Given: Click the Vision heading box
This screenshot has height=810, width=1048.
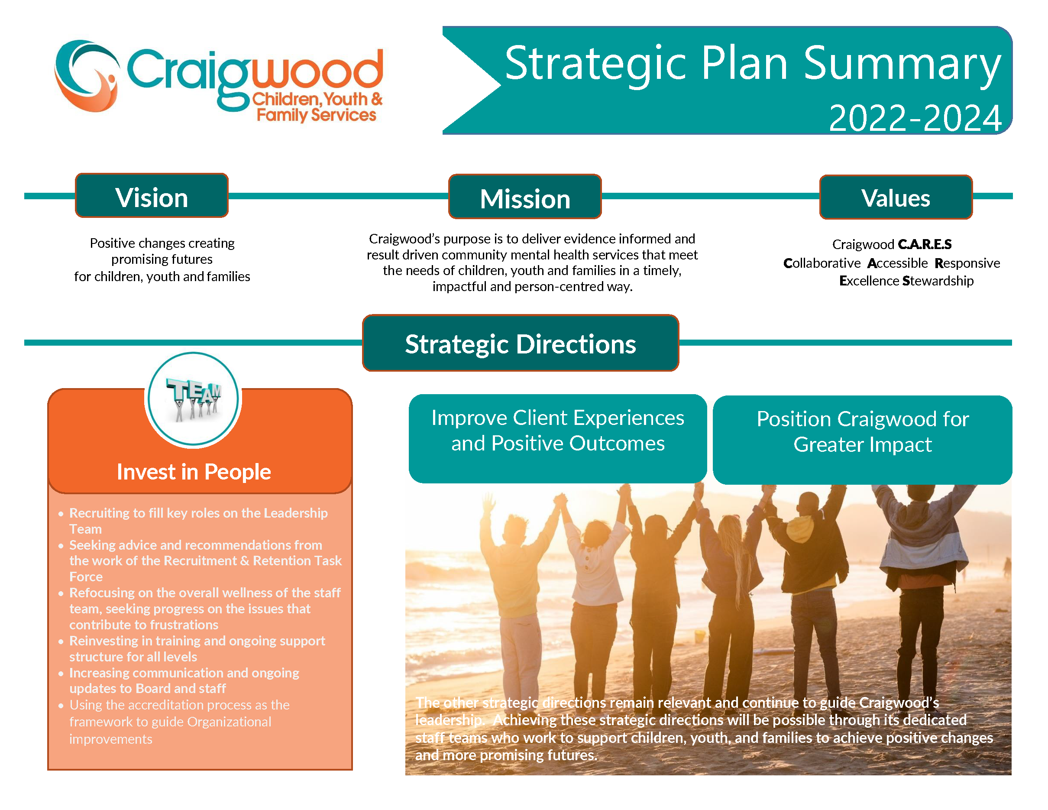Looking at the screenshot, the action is tap(152, 196).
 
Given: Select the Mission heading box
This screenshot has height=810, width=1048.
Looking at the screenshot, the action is tap(525, 197).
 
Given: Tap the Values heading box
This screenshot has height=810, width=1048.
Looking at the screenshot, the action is tap(896, 197).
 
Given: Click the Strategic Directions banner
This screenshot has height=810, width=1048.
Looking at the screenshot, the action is tap(521, 343).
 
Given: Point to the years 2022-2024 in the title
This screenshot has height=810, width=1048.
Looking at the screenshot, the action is tap(915, 118).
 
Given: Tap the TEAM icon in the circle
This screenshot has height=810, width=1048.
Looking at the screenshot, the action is tap(194, 399).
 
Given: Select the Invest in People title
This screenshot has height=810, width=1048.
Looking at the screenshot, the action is tap(194, 472).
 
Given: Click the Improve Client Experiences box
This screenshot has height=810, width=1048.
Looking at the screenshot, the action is tap(558, 439).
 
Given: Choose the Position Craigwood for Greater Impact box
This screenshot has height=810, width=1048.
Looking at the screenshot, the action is tap(862, 440).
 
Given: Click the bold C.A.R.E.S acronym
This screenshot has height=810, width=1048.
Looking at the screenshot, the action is tap(925, 244).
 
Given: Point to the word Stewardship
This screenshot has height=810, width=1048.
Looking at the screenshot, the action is tap(938, 281).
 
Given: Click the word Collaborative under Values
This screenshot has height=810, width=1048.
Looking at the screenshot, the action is tap(822, 263).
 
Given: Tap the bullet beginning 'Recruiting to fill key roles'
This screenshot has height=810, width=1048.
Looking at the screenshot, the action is tap(198, 521).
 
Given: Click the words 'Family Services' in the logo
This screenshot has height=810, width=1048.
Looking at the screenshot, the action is tap(317, 115).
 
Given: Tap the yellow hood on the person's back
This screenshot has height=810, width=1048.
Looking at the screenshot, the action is tap(800, 529).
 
